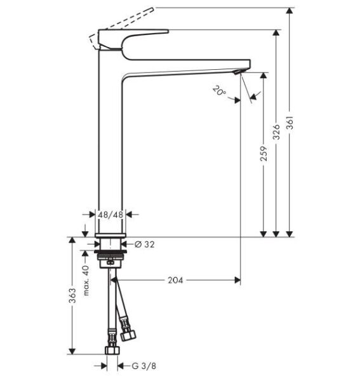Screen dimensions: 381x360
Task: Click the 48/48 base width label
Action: (111, 215)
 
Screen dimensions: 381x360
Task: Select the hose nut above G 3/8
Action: (112, 351)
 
